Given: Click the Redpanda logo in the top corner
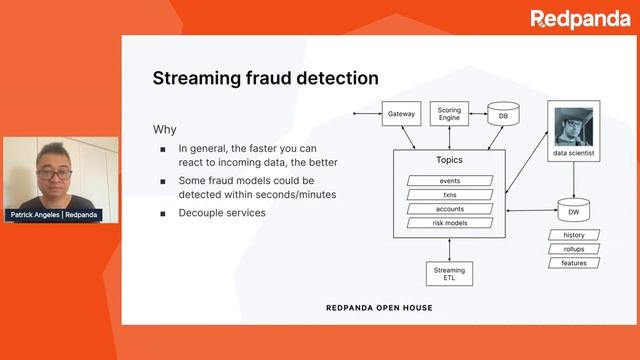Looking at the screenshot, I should tap(580, 18).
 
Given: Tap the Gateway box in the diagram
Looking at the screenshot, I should tap(400, 116).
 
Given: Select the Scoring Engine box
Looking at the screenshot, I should tap(449, 115).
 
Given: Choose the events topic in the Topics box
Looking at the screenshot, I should tap(449, 181).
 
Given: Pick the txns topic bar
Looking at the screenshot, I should tap(449, 195).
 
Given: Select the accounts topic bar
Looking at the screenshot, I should tap(449, 209).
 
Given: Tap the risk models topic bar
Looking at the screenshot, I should tap(449, 223).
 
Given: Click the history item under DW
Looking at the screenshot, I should tap(574, 235).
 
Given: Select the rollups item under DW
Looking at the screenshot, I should tap(574, 249).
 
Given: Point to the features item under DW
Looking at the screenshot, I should tap(574, 263).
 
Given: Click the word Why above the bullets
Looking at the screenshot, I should tap(164, 130).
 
